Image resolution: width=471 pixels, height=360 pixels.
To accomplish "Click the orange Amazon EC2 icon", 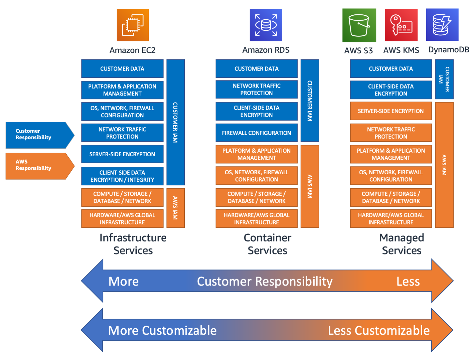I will tap(132, 25).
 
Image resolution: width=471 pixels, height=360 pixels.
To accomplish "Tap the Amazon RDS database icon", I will tap(266, 25).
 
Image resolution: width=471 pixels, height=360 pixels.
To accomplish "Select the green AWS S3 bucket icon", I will tap(359, 25).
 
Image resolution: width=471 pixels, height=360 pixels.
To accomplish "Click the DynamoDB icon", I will tap(442, 25).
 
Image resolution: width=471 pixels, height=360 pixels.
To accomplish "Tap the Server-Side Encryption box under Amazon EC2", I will tap(122, 154).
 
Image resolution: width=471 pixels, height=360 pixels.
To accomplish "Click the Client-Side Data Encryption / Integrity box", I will tap(122, 176).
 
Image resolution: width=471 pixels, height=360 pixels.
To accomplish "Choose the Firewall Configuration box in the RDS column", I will tap(256, 133).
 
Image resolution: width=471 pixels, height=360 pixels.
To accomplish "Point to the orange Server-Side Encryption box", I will tap(391, 111).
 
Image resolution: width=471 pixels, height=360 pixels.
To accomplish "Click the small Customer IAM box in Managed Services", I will tap(444, 79).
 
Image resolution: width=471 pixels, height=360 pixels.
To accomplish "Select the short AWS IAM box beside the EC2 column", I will tap(175, 208).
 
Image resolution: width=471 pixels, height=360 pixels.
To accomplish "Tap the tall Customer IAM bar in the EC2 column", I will tap(175, 122).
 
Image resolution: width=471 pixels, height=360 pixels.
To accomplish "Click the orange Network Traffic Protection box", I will tap(391, 133).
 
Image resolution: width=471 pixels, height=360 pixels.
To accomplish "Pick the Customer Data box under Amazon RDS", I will tap(256, 69).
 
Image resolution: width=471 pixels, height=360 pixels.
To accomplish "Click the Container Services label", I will tap(267, 244).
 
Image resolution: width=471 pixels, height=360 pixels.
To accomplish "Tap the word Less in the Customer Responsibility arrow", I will tap(408, 281).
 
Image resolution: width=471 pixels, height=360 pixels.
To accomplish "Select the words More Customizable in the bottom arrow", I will tap(162, 330).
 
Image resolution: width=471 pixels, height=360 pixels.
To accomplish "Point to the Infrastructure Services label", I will tap(133, 244).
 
